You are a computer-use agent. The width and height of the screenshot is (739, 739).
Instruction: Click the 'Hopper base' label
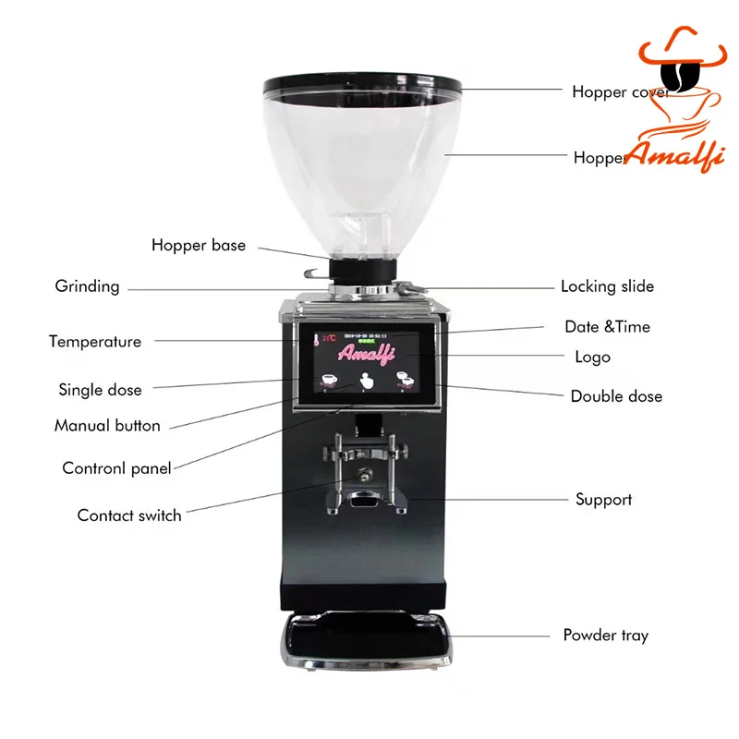[x=199, y=246]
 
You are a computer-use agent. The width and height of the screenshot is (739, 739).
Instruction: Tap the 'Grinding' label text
[x=87, y=286]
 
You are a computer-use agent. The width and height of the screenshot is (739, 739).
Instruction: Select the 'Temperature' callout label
[x=95, y=342]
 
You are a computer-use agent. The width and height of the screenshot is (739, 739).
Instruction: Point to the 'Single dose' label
[x=100, y=390]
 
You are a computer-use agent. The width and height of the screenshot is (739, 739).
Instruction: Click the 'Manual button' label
[x=107, y=426]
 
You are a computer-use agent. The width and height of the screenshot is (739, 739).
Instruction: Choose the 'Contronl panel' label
[x=116, y=468]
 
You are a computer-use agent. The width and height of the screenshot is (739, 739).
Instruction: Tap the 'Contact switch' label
[x=129, y=515]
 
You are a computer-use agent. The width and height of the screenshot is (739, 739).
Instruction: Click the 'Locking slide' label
[x=607, y=286]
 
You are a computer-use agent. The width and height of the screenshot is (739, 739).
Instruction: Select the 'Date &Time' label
[x=607, y=327]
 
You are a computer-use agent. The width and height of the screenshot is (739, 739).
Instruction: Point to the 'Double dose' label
[x=616, y=396]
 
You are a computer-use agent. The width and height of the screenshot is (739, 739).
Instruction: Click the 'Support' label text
[x=603, y=500]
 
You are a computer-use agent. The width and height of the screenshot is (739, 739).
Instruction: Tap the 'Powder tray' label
[x=605, y=636]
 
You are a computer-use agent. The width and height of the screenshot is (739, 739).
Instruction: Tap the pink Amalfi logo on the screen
[x=367, y=353]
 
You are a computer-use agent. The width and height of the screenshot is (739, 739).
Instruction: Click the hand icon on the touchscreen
[x=367, y=382]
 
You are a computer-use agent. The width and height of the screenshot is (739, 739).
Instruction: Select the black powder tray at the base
[x=366, y=637]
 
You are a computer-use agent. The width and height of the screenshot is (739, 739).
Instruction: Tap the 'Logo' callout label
[x=591, y=357]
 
